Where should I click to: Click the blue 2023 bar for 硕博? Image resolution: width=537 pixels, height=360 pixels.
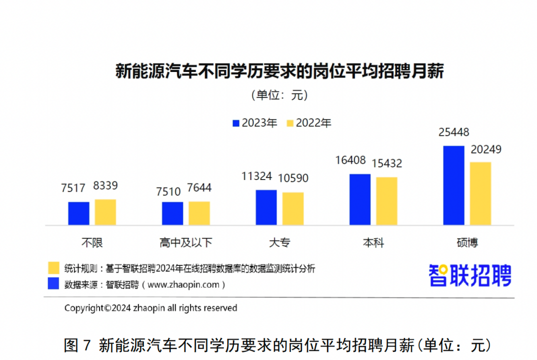[453, 185]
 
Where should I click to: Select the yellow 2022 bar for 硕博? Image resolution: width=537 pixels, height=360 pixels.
[480, 193]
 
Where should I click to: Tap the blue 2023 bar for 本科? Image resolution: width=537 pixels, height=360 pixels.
[360, 199]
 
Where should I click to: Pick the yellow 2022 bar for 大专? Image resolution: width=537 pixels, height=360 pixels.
[293, 208]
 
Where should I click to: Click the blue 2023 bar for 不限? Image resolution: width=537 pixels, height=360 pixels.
[78, 213]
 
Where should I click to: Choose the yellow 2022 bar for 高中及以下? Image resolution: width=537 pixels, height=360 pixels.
[199, 213]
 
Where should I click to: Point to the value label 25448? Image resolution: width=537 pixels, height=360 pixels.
[454, 132]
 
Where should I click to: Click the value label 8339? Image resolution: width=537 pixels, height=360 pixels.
[105, 186]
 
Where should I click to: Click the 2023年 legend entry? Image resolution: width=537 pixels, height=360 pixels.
[254, 123]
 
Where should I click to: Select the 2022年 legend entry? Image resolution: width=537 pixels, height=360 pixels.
[308, 123]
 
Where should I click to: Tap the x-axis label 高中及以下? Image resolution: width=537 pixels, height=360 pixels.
[186, 243]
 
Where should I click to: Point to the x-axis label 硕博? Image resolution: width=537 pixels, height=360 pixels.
[467, 243]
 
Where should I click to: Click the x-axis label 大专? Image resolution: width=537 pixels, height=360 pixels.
[279, 243]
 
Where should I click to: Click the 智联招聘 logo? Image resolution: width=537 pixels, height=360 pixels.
[469, 275]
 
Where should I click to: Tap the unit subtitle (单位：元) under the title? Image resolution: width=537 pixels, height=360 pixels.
[279, 95]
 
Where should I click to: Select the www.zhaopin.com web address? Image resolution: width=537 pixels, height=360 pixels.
[183, 284]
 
